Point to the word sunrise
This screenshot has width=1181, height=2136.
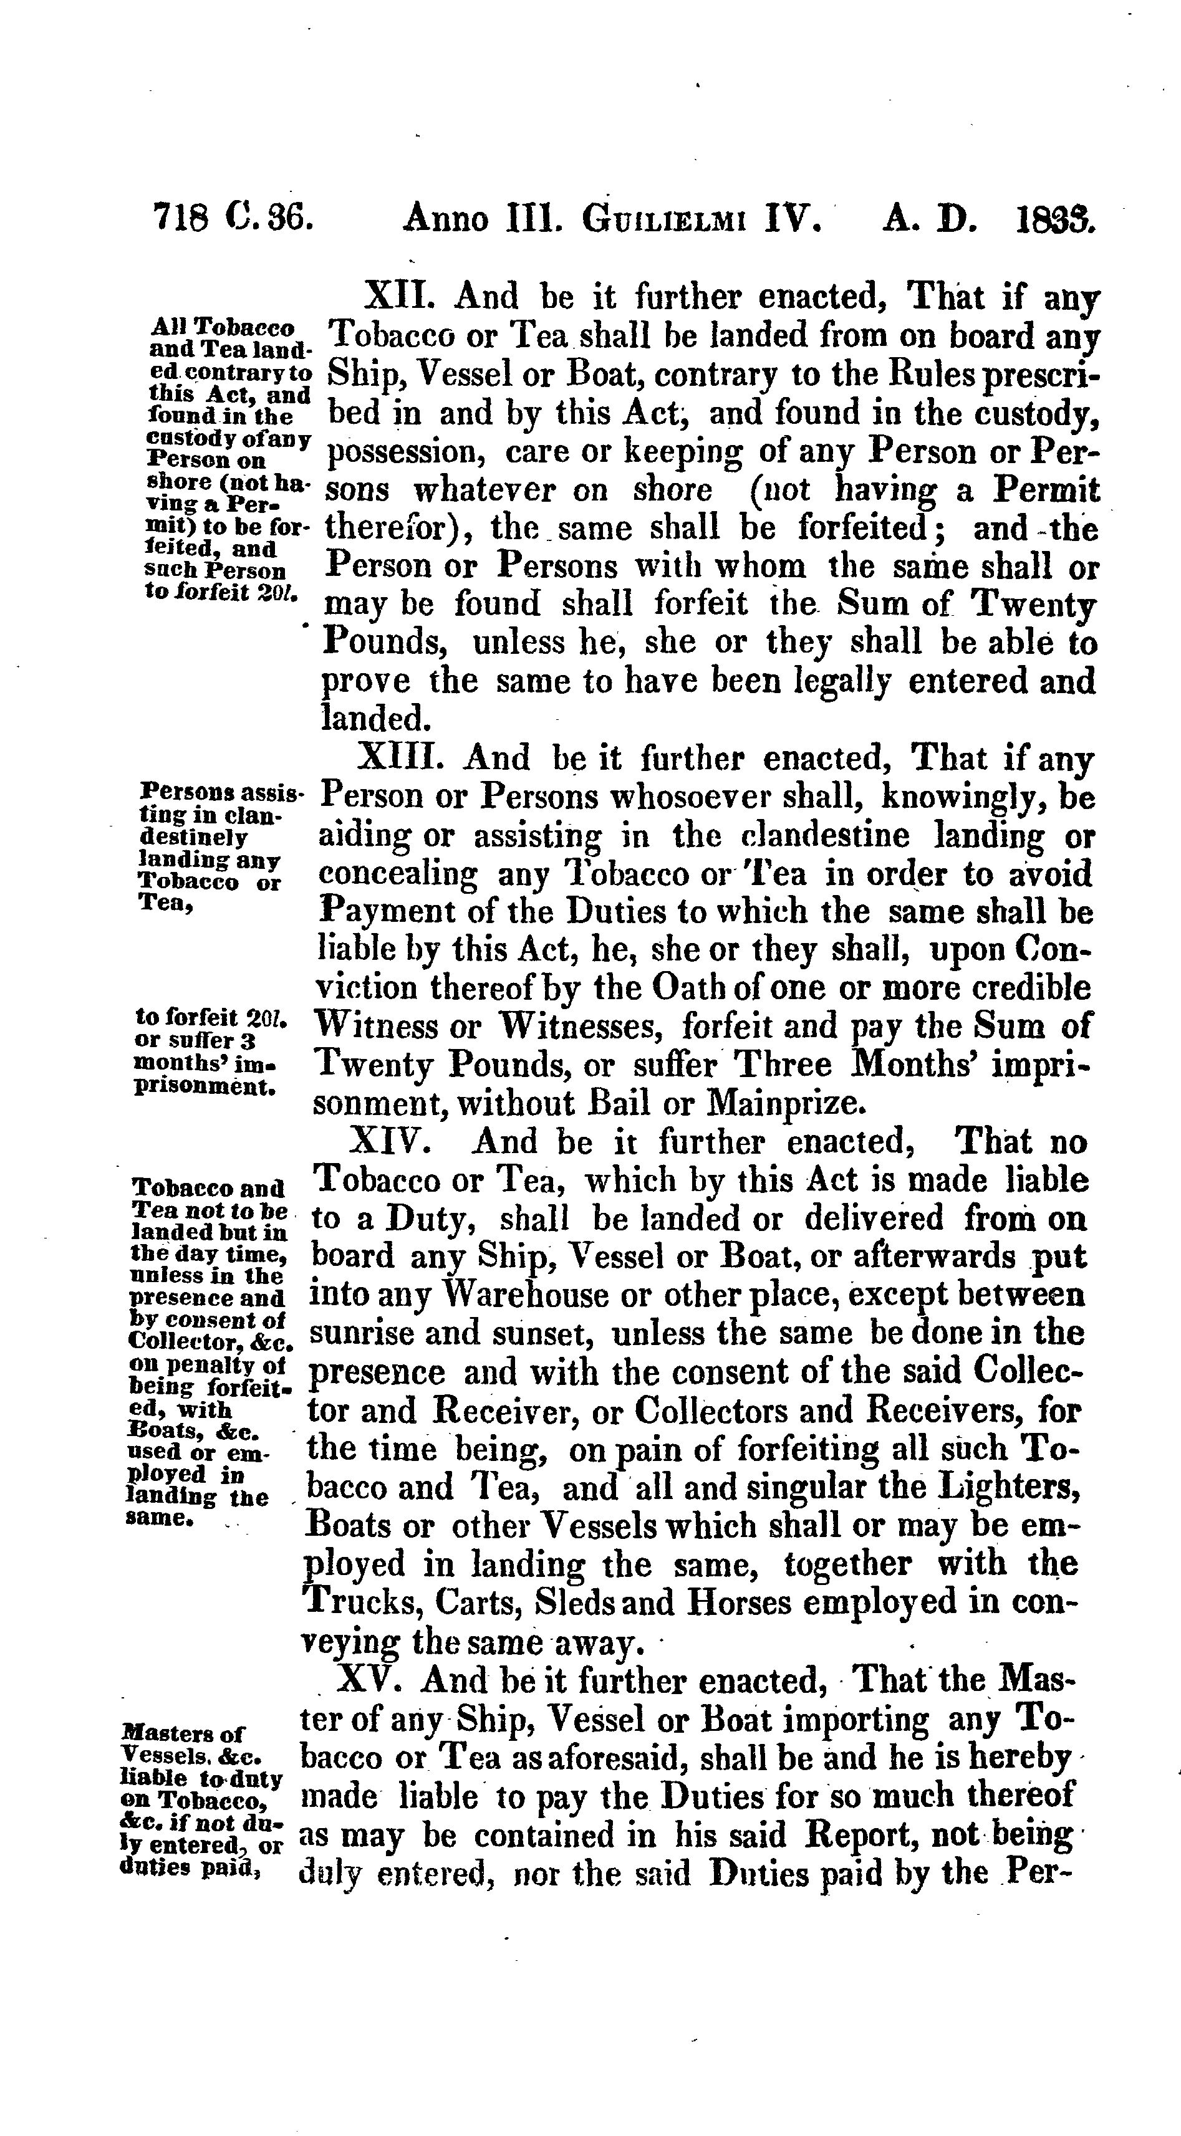pyautogui.click(x=354, y=1333)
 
